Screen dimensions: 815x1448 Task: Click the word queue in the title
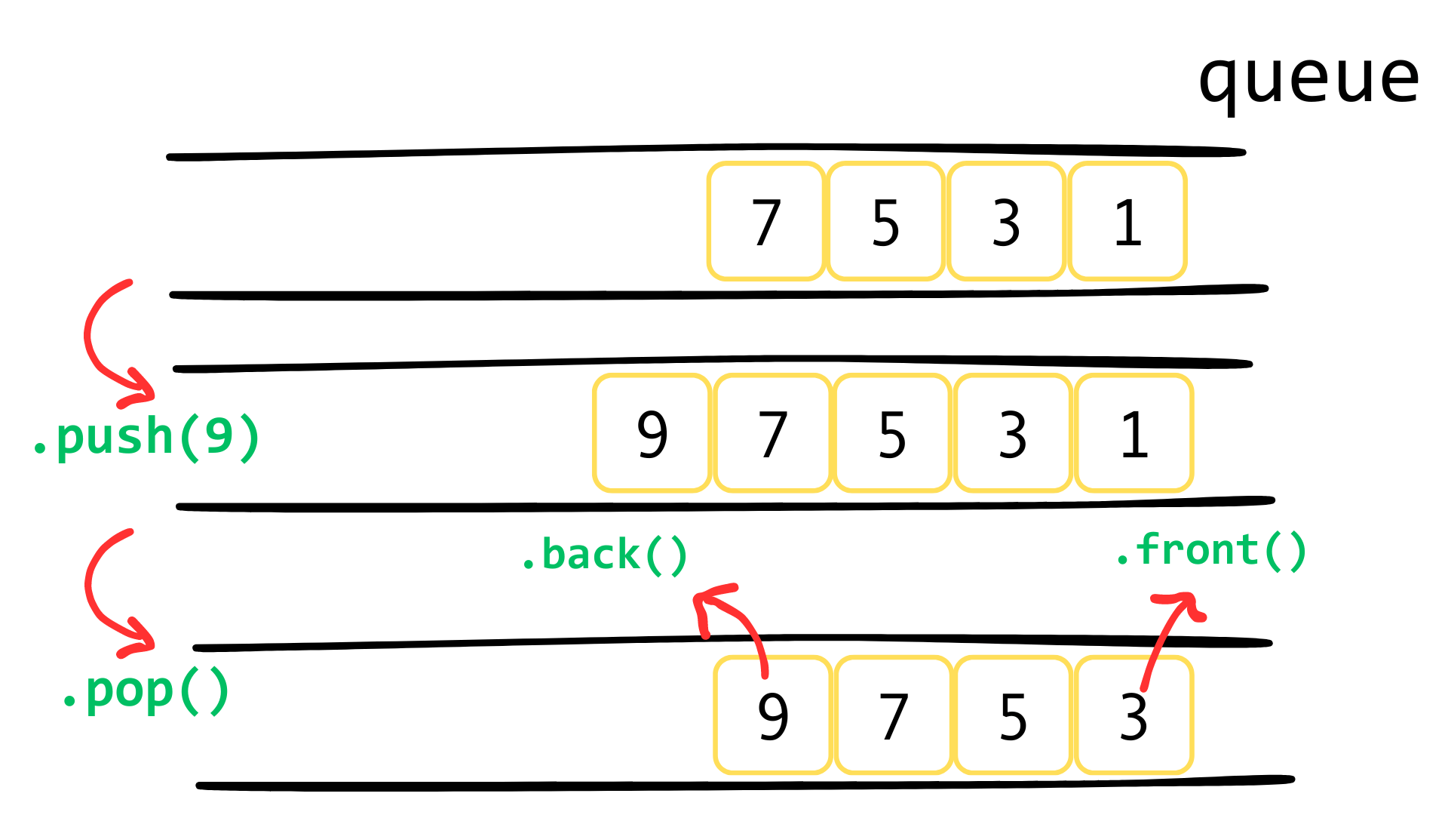coord(1308,79)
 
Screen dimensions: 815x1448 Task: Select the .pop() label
coord(146,691)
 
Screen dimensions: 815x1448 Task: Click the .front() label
coord(1211,550)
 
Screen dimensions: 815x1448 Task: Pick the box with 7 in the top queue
coord(765,222)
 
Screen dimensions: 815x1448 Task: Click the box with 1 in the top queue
coord(1127,222)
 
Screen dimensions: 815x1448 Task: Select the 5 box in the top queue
coord(886,222)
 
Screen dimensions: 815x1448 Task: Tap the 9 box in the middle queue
coord(652,434)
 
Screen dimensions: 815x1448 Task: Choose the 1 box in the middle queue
coord(1134,434)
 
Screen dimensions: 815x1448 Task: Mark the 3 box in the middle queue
coord(1013,434)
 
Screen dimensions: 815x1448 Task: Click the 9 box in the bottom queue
coord(773,715)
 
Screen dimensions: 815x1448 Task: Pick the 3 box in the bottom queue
coord(1134,715)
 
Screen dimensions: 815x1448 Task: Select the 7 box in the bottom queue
coord(894,715)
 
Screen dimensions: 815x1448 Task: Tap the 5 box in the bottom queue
coord(1013,715)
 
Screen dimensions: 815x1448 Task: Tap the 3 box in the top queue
coord(1007,222)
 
